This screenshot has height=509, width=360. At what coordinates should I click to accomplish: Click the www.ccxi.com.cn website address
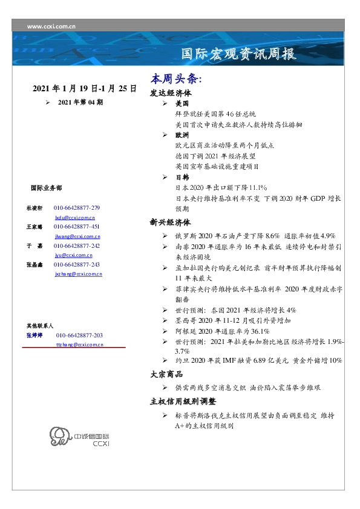pos(52,27)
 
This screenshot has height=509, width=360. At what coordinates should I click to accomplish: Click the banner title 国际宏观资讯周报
pos(238,54)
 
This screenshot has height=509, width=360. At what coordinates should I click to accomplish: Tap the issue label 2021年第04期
pos(80,102)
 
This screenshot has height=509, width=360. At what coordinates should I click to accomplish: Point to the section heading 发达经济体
pos(171,94)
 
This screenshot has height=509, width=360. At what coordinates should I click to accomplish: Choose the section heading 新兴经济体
pos(171,222)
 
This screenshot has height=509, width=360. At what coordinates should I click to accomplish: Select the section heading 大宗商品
pos(166,374)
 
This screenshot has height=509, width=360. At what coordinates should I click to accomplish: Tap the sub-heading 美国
pos(182,104)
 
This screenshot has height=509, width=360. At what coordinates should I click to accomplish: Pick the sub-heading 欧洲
pos(182,135)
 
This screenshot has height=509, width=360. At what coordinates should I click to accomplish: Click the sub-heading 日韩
pos(182,177)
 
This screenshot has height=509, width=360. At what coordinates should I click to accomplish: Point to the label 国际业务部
pos(45,188)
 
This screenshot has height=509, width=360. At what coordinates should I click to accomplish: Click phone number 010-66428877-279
pos(77,207)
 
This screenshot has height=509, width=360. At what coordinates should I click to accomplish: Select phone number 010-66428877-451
pos(77,227)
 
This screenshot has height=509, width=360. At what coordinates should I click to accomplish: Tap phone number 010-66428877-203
pos(79,335)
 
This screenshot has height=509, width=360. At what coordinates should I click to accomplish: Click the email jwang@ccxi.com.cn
pos(77,236)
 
